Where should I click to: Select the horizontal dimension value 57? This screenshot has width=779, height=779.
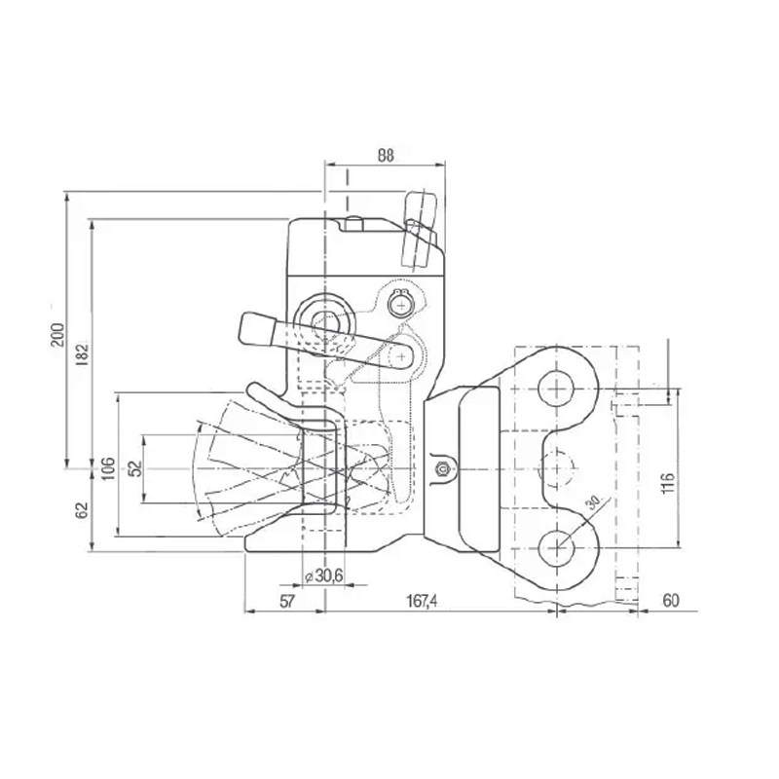[286, 602]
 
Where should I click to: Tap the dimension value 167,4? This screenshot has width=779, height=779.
[421, 602]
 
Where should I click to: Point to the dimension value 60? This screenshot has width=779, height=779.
[671, 601]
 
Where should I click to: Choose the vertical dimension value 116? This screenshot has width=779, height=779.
[667, 481]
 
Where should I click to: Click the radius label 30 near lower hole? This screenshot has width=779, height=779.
[592, 504]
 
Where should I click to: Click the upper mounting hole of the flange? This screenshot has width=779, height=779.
[556, 387]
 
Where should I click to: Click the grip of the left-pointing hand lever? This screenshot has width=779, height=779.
[256, 328]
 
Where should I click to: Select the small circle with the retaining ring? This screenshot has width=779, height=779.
[398, 305]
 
